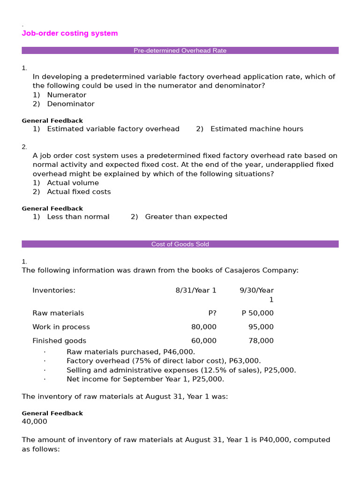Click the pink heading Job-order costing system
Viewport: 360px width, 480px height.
[x=70, y=33]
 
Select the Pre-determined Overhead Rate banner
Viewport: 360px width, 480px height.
[x=180, y=51]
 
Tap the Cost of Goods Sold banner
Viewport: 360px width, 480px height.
[x=180, y=244]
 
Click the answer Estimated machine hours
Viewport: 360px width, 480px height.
[x=256, y=129]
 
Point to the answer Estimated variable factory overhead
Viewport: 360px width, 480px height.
[x=113, y=129]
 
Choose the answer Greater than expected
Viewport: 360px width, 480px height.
[x=186, y=217]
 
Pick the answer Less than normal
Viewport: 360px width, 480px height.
[x=78, y=217]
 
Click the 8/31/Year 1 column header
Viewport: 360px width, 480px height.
[x=196, y=290]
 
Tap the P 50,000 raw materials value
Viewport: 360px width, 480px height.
[x=257, y=313]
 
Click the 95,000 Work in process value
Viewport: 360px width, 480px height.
[x=261, y=327]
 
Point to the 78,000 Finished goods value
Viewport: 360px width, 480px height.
[x=261, y=341]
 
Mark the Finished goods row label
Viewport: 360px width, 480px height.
[x=59, y=341]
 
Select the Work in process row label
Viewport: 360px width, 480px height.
[x=61, y=327]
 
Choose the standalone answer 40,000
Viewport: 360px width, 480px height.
[x=34, y=421]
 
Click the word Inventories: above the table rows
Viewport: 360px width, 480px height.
[x=54, y=290]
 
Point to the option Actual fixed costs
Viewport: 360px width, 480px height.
[x=79, y=192]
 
